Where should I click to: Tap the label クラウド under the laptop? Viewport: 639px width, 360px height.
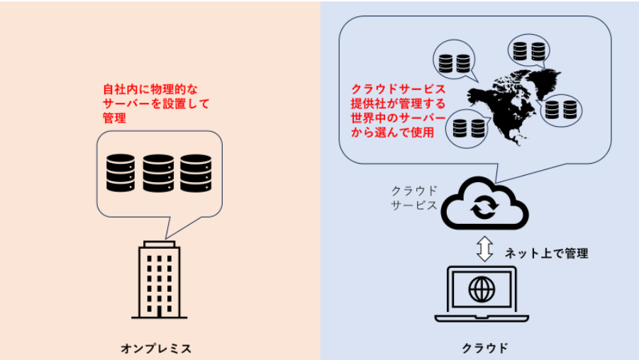[485, 348]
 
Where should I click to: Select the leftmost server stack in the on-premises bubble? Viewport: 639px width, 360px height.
[121, 172]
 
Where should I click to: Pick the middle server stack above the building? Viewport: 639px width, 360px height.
[158, 172]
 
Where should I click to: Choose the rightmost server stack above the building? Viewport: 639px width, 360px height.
[196, 172]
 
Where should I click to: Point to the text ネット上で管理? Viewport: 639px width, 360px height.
[545, 253]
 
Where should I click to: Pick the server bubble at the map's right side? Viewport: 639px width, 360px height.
[562, 109]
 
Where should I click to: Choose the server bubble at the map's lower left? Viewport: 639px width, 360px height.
[468, 128]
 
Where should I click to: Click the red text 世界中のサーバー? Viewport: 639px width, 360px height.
[399, 118]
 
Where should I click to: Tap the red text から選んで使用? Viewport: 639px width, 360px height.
[392, 132]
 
